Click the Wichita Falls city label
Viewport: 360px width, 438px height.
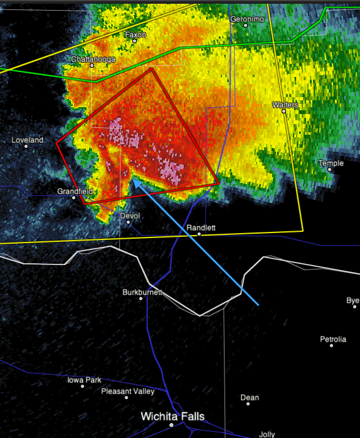(172, 416)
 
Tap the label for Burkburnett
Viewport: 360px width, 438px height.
(142, 292)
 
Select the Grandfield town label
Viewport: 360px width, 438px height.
(75, 190)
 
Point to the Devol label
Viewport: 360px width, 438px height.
(129, 216)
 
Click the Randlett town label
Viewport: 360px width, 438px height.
(201, 227)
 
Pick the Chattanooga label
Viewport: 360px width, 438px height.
(93, 59)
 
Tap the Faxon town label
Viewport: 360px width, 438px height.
(135, 35)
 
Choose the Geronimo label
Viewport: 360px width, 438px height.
(247, 19)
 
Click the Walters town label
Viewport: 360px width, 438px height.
(285, 105)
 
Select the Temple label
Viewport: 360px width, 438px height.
(331, 163)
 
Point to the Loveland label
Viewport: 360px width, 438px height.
(28, 140)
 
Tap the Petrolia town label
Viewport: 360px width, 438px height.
(333, 339)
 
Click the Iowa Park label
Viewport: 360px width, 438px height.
(84, 380)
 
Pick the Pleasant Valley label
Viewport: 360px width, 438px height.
(128, 392)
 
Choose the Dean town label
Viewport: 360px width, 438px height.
(250, 397)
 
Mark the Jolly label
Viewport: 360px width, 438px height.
(267, 434)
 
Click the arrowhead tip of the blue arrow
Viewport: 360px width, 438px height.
(132, 180)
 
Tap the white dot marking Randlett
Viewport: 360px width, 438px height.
(199, 234)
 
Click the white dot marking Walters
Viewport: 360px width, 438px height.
(283, 111)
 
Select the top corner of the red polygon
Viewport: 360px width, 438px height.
(151, 68)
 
